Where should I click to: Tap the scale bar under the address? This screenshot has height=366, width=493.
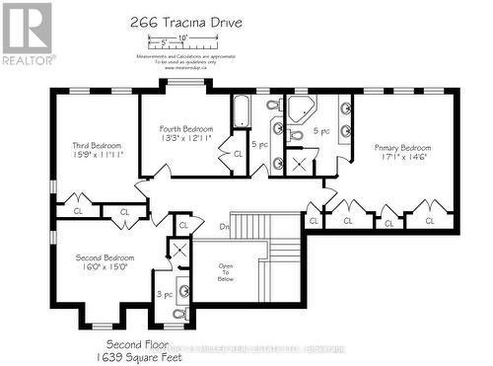coord(181,41)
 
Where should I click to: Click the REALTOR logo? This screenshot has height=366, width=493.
coord(27,33)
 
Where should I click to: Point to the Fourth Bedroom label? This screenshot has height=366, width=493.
coord(185,129)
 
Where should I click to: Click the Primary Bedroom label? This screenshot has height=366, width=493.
coord(400,147)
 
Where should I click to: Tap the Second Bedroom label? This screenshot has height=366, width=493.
coord(105,257)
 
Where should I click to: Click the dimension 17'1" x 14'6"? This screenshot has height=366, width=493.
coord(400,157)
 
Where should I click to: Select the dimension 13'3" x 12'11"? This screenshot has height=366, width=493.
coord(185,139)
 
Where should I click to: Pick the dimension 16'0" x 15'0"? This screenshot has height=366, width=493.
coord(105,267)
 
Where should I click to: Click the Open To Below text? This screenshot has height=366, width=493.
coord(225,272)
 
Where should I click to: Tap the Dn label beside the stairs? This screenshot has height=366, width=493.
coord(224,226)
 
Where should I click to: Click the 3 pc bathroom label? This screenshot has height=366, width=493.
coord(163,294)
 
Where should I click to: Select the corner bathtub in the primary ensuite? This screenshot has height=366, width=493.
coord(298,109)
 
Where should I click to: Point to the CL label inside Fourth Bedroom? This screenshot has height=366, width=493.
coord(238,155)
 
